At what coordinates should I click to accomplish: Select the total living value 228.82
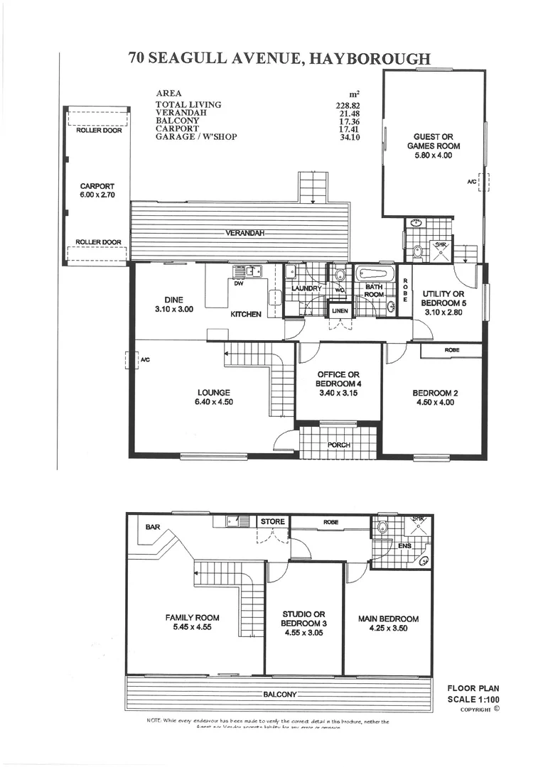point(350,105)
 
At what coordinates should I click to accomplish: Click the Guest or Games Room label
point(433,146)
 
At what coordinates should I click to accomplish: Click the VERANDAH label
point(245,233)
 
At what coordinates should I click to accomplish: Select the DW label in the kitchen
point(239,283)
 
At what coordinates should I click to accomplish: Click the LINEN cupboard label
point(339,311)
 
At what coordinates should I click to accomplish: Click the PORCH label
point(338,445)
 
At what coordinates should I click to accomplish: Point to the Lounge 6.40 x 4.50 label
point(215,396)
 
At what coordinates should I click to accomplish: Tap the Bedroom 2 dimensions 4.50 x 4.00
point(433,402)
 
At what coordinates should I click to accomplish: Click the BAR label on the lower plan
point(152,528)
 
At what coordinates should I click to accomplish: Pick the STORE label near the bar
point(272,521)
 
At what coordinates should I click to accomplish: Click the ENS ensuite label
point(404,545)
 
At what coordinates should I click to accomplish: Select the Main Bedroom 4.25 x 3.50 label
point(388,624)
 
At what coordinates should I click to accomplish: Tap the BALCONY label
point(279,694)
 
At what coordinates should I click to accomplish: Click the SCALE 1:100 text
point(473,699)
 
